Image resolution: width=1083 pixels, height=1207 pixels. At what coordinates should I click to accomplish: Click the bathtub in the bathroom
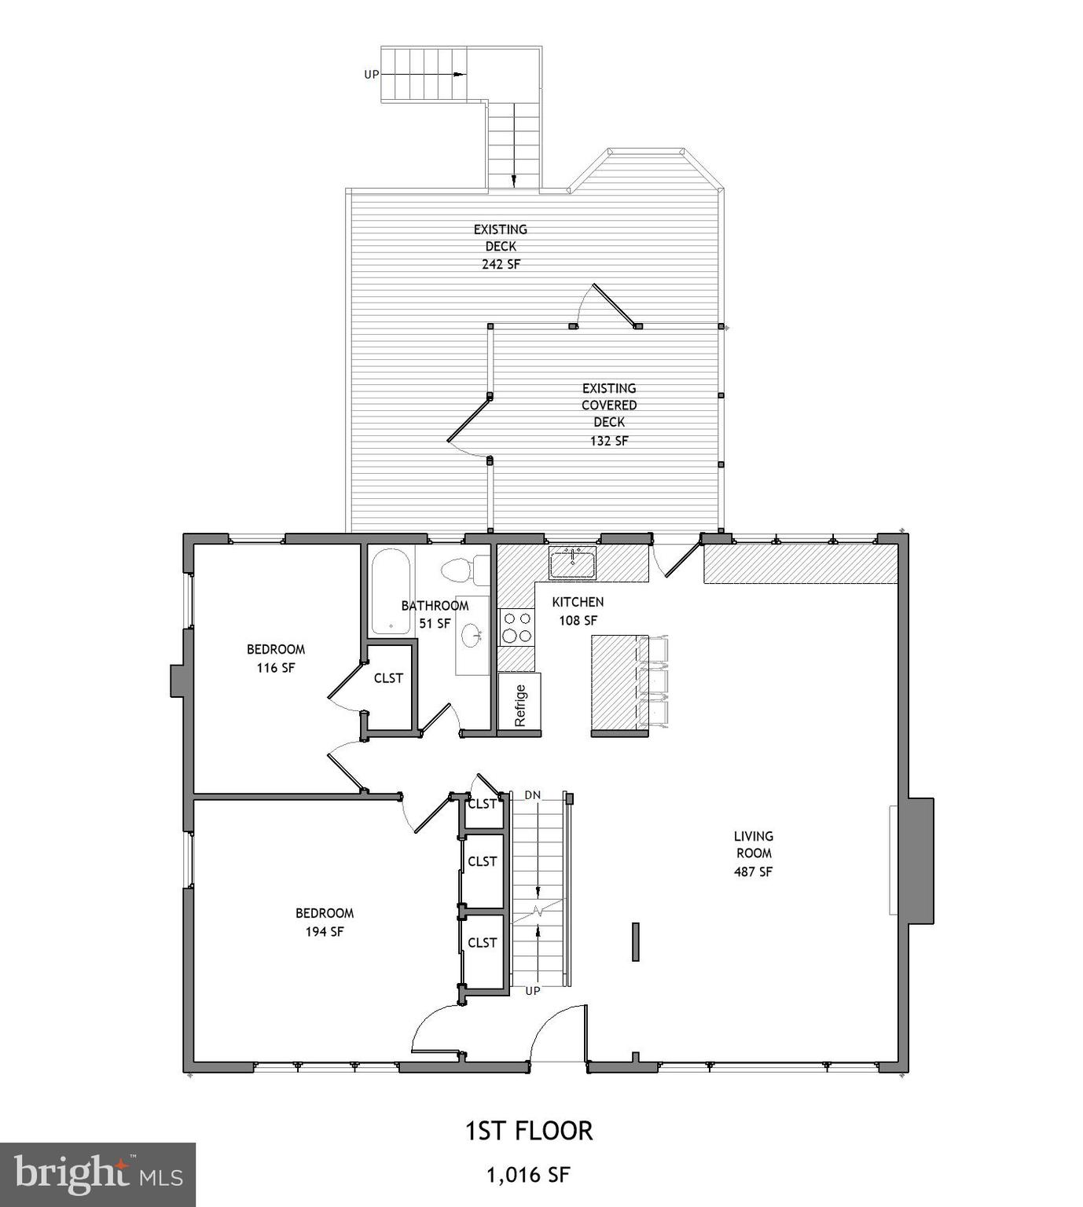click(390, 592)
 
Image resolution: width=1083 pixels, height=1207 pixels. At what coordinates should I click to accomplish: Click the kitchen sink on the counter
click(572, 563)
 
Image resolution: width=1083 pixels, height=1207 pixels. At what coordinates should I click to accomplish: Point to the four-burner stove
click(516, 627)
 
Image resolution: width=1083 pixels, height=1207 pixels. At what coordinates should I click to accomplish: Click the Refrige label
click(519, 705)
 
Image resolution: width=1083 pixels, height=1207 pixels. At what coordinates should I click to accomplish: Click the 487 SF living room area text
click(753, 871)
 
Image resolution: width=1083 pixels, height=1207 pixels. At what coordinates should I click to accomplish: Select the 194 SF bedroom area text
click(325, 932)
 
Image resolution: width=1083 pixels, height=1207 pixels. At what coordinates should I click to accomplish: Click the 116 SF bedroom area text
click(276, 668)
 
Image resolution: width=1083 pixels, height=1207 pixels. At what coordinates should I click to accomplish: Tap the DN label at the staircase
click(533, 795)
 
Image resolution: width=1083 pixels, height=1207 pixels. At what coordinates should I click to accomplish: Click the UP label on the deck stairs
click(371, 75)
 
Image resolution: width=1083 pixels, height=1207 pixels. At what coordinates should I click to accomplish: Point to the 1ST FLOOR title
click(529, 1131)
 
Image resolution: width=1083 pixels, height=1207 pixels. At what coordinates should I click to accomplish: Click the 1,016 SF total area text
click(528, 1176)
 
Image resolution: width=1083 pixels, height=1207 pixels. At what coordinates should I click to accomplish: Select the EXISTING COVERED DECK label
click(609, 405)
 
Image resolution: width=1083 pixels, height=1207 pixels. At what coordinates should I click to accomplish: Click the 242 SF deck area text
click(501, 264)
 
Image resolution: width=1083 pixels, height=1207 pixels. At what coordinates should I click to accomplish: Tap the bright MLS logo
click(97, 1174)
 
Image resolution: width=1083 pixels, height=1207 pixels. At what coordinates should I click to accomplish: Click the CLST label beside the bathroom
click(388, 678)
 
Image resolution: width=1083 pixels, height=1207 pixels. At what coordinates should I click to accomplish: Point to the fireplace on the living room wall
click(920, 860)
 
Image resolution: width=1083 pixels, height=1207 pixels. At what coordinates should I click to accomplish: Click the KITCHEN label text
click(578, 602)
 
